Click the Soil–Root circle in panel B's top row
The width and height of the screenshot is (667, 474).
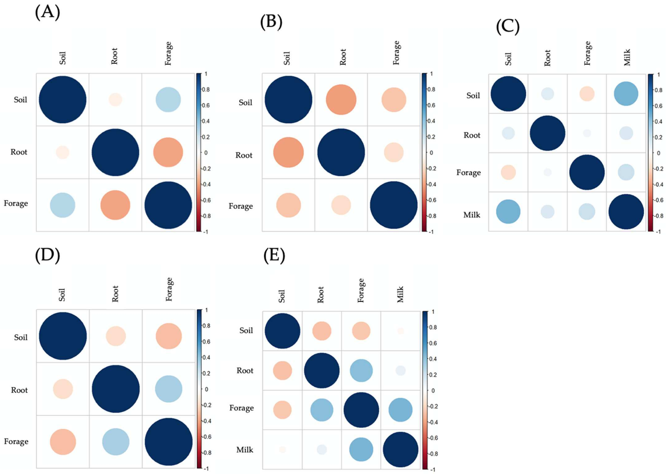(341, 100)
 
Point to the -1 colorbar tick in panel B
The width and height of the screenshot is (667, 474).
(431, 232)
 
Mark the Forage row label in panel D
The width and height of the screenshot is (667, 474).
(16, 441)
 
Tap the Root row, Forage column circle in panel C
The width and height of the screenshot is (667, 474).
(587, 133)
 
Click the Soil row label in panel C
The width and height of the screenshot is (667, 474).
(473, 95)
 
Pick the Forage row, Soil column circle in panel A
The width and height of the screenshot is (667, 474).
(62, 205)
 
